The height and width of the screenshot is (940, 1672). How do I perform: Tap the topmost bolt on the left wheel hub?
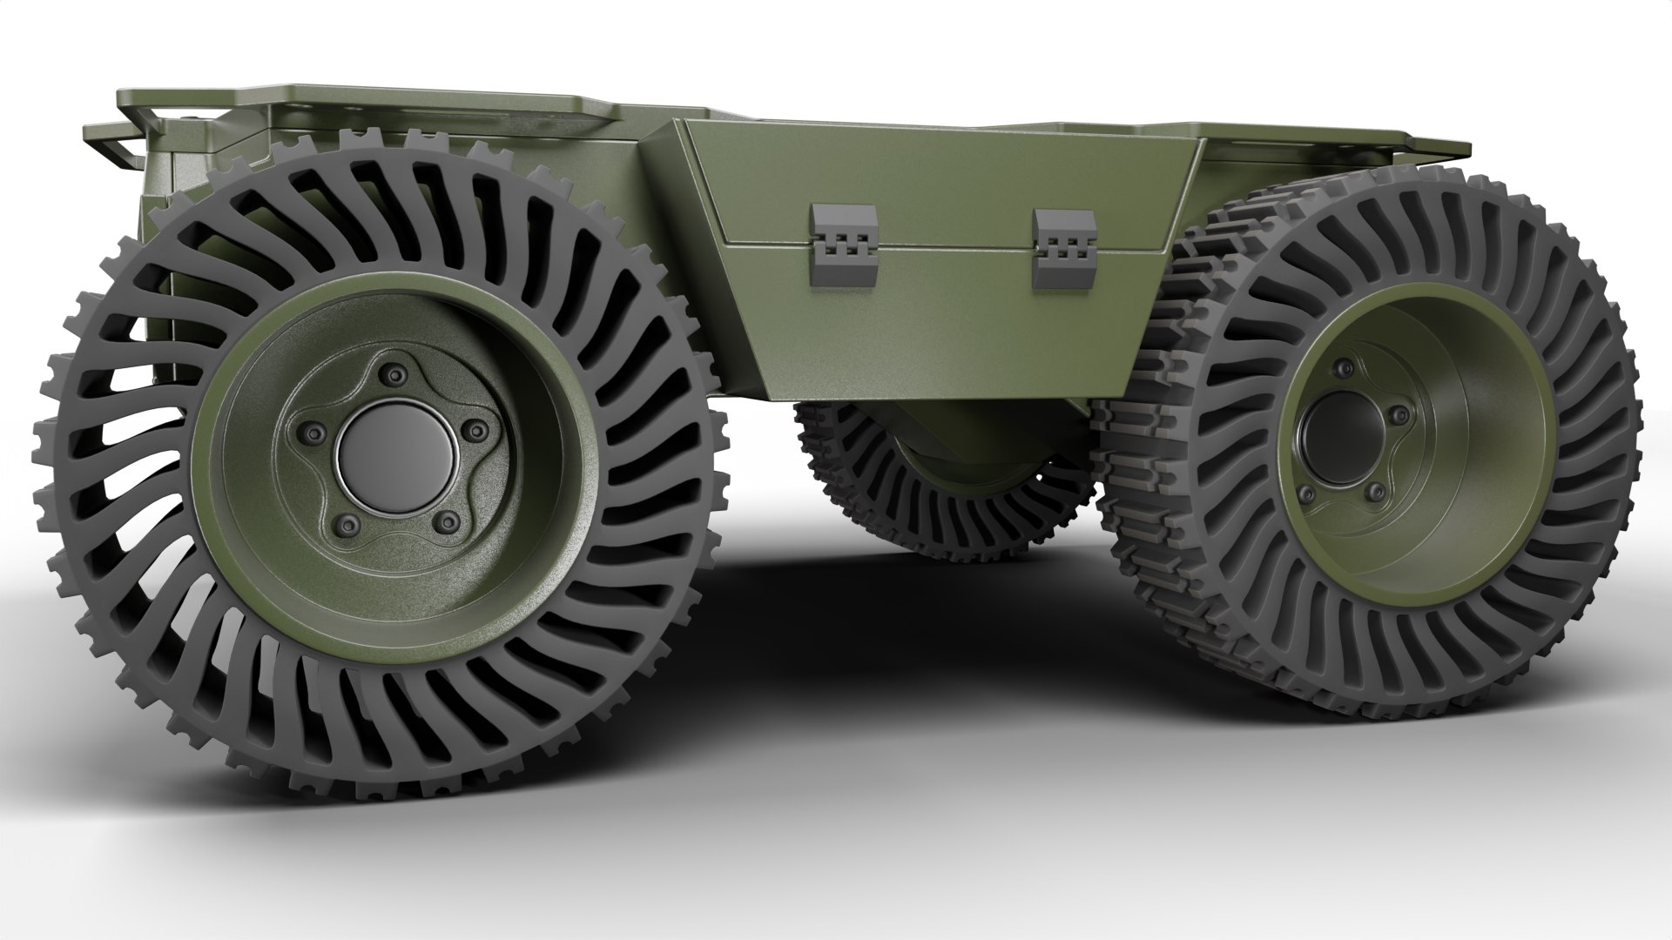click(x=396, y=375)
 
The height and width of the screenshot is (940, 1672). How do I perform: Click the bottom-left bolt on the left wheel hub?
click(x=345, y=523)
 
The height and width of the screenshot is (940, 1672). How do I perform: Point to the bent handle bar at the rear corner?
click(x=118, y=144)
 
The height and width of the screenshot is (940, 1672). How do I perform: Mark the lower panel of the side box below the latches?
click(x=940, y=331)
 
